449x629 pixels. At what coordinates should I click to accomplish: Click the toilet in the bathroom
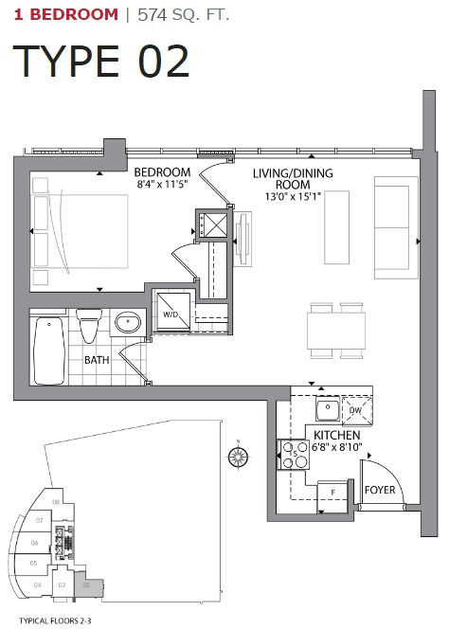pos(90,326)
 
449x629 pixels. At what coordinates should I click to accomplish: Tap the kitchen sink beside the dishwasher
pos(325,410)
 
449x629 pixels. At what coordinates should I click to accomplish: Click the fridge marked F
pos(332,492)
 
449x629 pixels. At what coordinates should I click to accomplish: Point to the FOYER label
pos(381,491)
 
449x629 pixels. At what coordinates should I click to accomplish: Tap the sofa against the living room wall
pos(395,226)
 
